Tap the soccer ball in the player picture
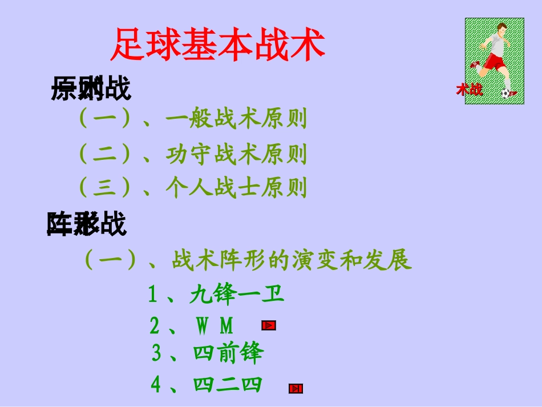(505, 93)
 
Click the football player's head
(501, 29)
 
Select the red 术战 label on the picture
(469, 90)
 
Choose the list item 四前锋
(228, 353)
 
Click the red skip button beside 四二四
(296, 389)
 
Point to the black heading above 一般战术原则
(91, 90)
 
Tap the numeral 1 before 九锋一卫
(152, 295)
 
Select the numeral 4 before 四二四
(156, 385)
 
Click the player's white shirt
(496, 46)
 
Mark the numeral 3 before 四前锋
(156, 353)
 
